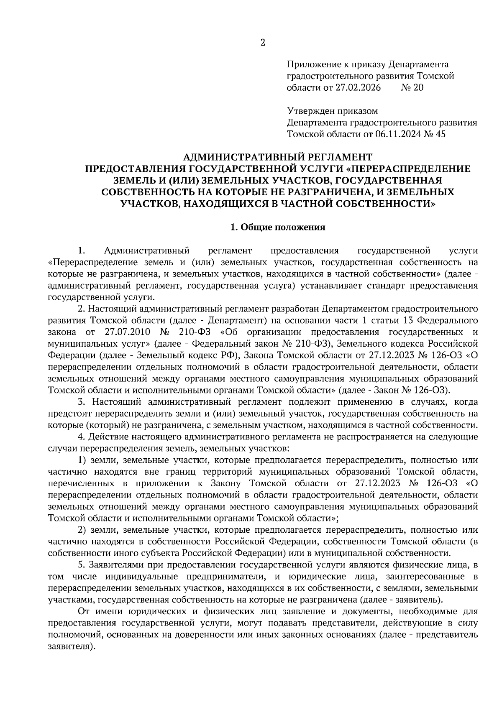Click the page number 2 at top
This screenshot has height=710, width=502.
263,43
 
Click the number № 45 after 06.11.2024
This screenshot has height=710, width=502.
435,134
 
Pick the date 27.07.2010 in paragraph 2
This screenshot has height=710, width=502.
125,332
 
